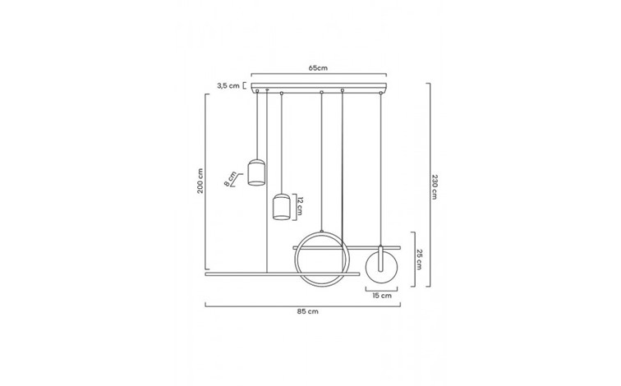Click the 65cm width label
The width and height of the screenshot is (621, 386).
coord(318,67)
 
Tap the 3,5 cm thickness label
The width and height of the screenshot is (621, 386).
coord(228,85)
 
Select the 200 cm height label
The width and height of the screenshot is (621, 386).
coord(200,181)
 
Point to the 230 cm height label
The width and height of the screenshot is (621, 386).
coord(435,186)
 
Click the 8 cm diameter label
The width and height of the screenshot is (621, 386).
coord(230,178)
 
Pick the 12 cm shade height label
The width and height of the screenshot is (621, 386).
coord(300,206)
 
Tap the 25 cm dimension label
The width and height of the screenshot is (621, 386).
coord(419,260)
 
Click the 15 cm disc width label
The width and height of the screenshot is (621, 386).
coord(382,296)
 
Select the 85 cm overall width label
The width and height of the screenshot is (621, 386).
coord(308,311)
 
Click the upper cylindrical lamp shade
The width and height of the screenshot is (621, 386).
coord(256,172)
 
